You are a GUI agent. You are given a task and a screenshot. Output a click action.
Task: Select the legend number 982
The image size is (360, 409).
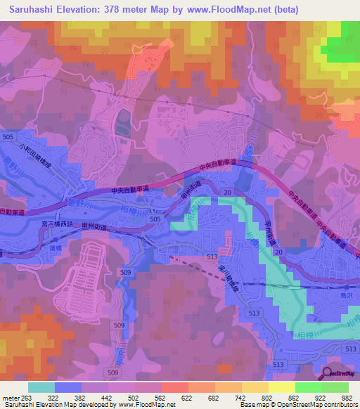coord(346,397)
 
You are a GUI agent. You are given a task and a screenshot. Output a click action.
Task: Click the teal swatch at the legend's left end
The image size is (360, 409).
coord(41,387)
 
